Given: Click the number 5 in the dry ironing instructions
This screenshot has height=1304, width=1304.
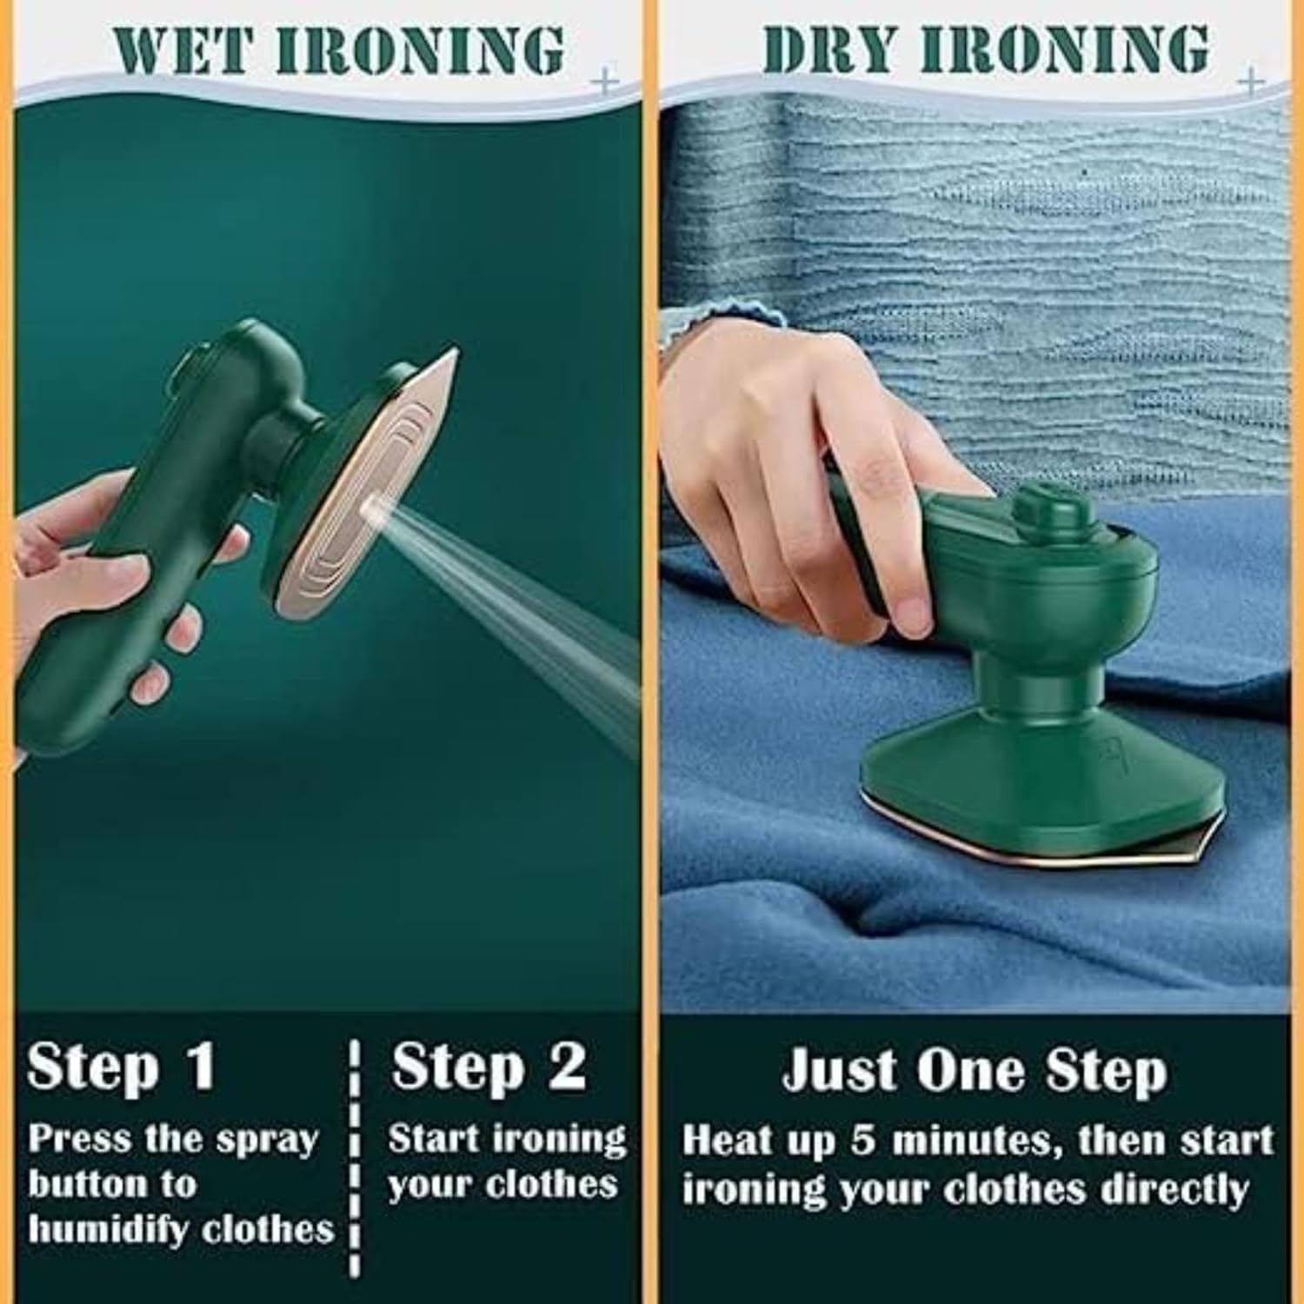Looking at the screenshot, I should point(862,1141).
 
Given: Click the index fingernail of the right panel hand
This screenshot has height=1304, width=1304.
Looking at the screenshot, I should point(912,613).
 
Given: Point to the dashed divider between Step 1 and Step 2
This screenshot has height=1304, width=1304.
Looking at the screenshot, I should point(354,1156).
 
